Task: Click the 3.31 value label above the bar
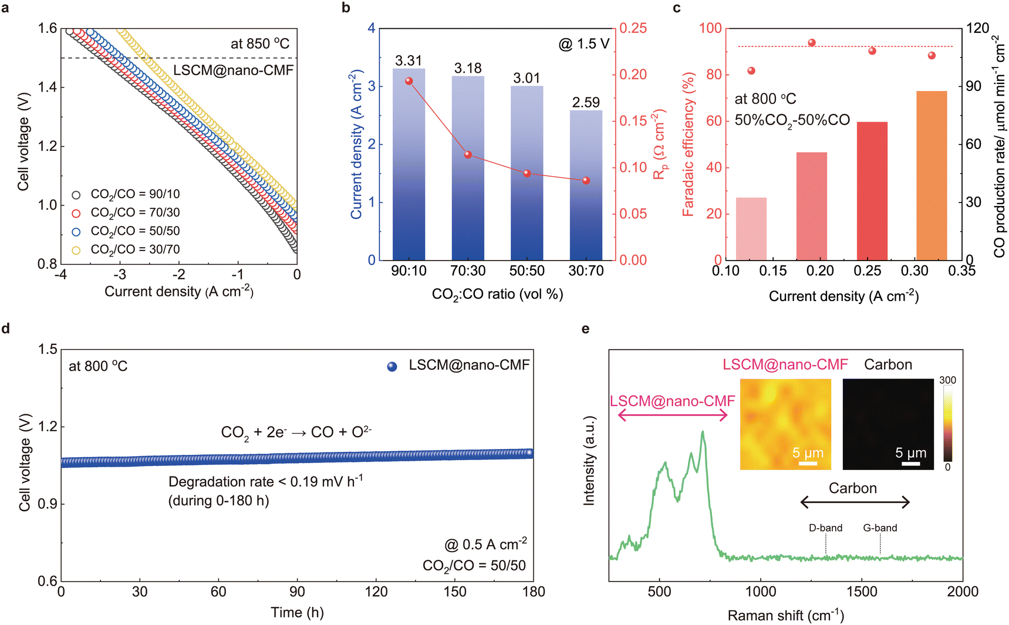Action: click(409, 60)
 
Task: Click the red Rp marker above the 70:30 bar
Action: click(468, 155)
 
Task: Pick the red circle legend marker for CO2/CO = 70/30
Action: click(76, 213)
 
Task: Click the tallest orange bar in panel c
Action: click(932, 175)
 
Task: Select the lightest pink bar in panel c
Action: click(751, 229)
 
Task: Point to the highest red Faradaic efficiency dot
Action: click(812, 43)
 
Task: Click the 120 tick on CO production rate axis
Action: click(977, 28)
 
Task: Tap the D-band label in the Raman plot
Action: click(825, 528)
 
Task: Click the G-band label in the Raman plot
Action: click(880, 528)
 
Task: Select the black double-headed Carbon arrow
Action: click(855, 502)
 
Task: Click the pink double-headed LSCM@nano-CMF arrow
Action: click(673, 415)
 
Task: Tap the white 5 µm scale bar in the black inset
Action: click(910, 464)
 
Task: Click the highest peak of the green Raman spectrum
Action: click(702, 432)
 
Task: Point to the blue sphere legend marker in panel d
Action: click(392, 366)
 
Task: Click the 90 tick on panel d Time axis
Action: click(297, 592)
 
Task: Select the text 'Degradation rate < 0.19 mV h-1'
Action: click(265, 482)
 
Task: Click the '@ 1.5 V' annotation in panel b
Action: click(583, 44)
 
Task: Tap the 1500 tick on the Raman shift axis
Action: click(862, 592)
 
